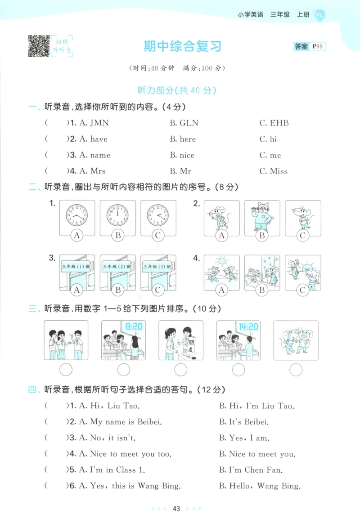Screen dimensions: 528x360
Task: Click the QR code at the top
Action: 39,46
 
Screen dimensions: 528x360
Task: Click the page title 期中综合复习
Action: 182,46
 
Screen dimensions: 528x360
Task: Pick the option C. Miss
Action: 273,171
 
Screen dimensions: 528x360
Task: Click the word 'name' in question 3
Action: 100,155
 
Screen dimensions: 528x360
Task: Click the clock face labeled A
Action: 77,215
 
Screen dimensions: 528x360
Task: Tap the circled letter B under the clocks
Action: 118,235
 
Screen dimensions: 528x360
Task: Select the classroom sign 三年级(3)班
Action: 156,267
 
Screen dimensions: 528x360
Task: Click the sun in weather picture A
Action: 220,260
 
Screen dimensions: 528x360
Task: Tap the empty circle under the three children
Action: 66,370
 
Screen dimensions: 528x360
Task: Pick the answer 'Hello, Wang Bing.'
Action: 260,486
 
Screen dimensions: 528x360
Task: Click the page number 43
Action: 176,509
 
